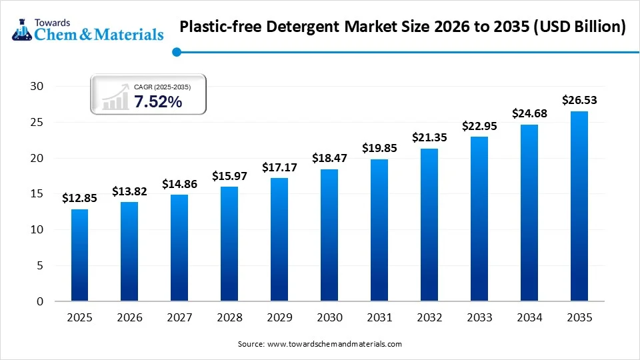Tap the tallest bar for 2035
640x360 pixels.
coord(579,206)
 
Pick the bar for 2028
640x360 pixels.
coord(229,244)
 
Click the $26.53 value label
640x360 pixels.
coord(579,100)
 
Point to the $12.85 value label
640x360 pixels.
coord(79,198)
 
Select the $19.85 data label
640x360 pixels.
coord(379,148)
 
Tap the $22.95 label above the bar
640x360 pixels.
coord(479,126)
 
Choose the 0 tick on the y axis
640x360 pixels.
coord(40,301)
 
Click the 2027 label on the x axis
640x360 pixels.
coord(179,318)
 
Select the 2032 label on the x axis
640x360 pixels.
coord(429,318)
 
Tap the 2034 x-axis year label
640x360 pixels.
coord(529,318)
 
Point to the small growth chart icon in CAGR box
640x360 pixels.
coord(115,97)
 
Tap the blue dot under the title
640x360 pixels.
coord(176,51)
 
